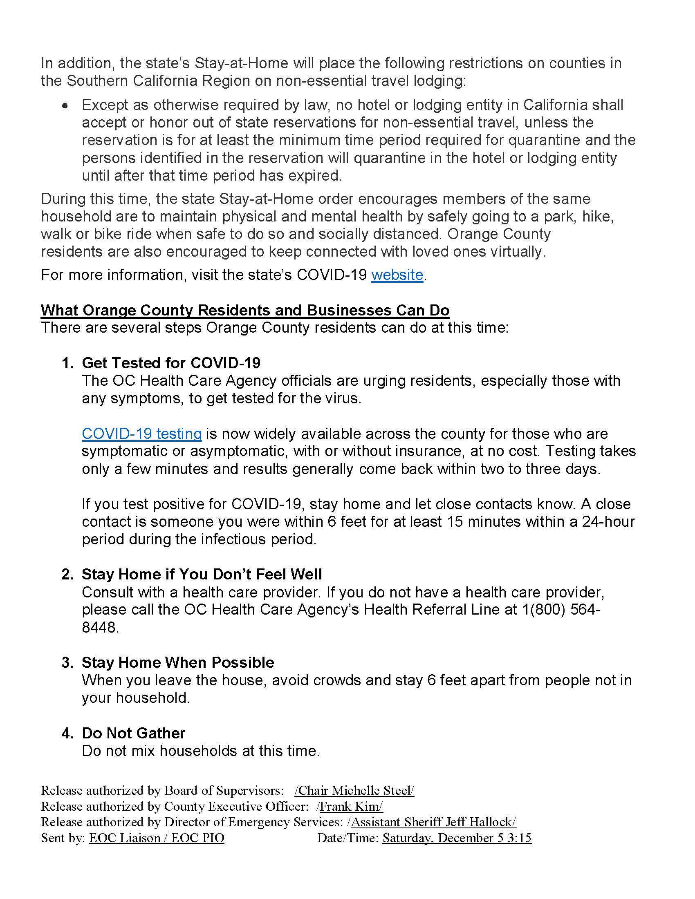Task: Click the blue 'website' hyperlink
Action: pyautogui.click(x=397, y=275)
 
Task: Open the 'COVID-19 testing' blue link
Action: pyautogui.click(x=141, y=434)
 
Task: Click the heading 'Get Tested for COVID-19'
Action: pyautogui.click(x=171, y=362)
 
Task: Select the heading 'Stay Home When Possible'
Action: pyautogui.click(x=178, y=662)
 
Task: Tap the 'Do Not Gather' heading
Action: pyautogui.click(x=133, y=733)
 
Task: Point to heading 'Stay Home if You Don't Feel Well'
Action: pyautogui.click(x=202, y=574)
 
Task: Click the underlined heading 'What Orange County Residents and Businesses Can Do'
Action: pyautogui.click(x=245, y=310)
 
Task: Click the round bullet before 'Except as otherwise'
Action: pyautogui.click(x=65, y=106)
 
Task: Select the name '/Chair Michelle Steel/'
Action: pyautogui.click(x=354, y=790)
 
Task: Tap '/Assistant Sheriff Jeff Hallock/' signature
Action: pyautogui.click(x=432, y=822)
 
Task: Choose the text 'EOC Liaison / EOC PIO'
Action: pyautogui.click(x=157, y=838)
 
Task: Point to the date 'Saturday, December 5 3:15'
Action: pyautogui.click(x=457, y=838)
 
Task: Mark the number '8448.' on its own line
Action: pyautogui.click(x=100, y=627)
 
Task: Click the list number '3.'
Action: pyautogui.click(x=67, y=662)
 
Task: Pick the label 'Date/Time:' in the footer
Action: pyautogui.click(x=347, y=838)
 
